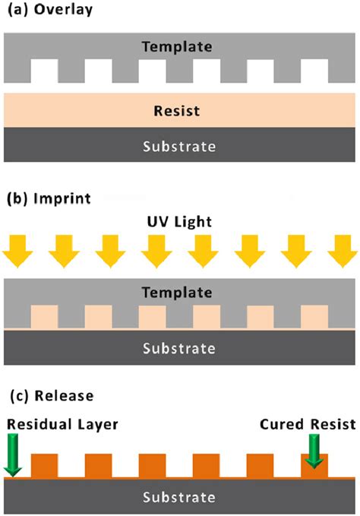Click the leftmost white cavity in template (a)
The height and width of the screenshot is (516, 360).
[x=43, y=71]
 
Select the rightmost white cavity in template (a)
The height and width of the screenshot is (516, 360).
[x=314, y=71]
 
